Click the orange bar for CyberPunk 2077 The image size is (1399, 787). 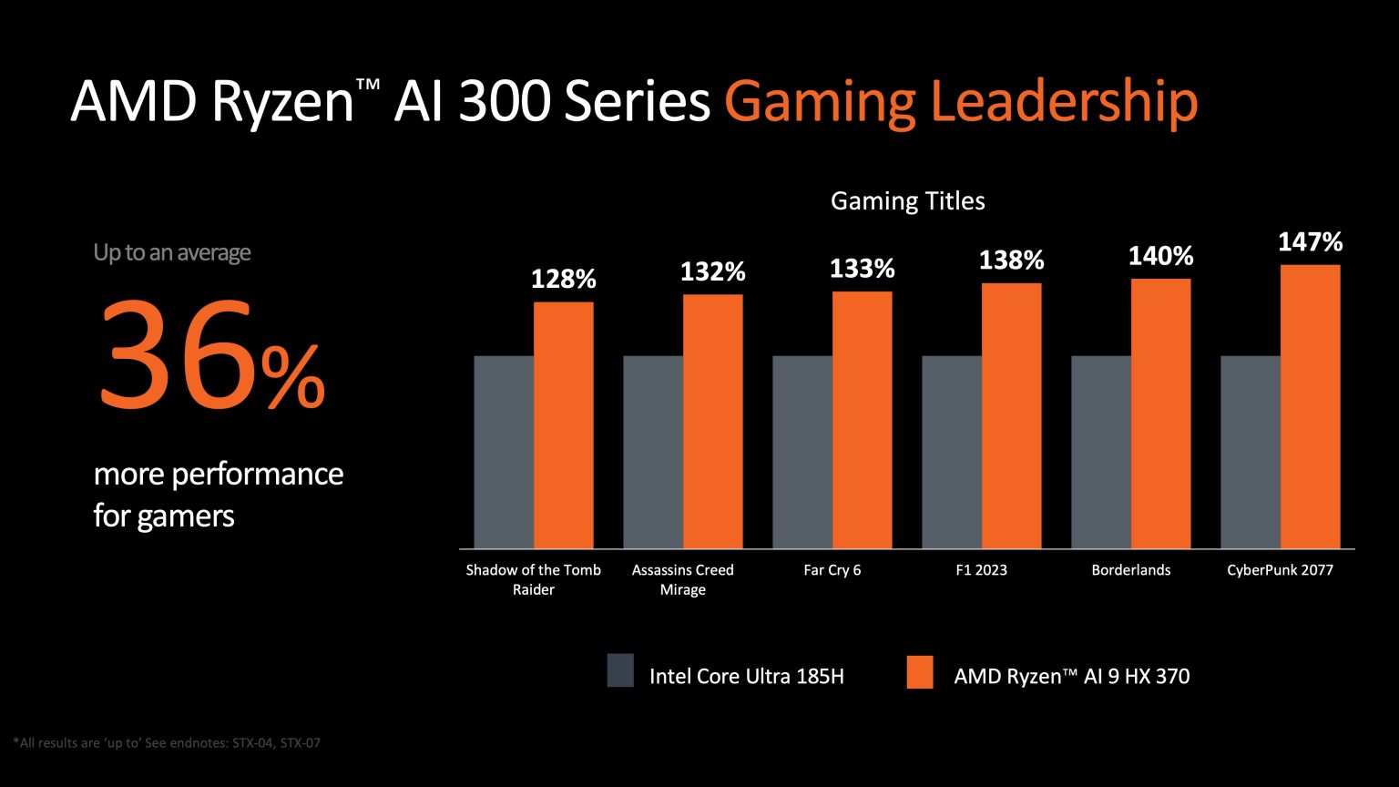(1310, 406)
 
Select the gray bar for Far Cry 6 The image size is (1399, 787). (802, 452)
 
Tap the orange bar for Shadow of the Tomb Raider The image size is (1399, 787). (563, 424)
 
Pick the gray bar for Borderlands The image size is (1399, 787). (1101, 452)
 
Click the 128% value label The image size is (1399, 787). (563, 280)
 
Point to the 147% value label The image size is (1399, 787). (1310, 242)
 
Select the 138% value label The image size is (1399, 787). (1011, 261)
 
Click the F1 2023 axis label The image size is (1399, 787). (981, 570)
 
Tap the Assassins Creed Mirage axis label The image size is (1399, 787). (683, 579)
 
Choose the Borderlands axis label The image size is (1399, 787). (1130, 570)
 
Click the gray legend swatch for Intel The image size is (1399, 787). (620, 669)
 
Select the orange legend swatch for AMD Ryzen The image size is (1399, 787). (920, 669)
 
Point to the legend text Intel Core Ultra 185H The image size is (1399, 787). (746, 676)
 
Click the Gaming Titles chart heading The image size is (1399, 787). (907, 201)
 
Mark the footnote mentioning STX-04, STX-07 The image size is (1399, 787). (168, 743)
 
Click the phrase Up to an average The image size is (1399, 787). (171, 252)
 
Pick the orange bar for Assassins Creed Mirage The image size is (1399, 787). (712, 421)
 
